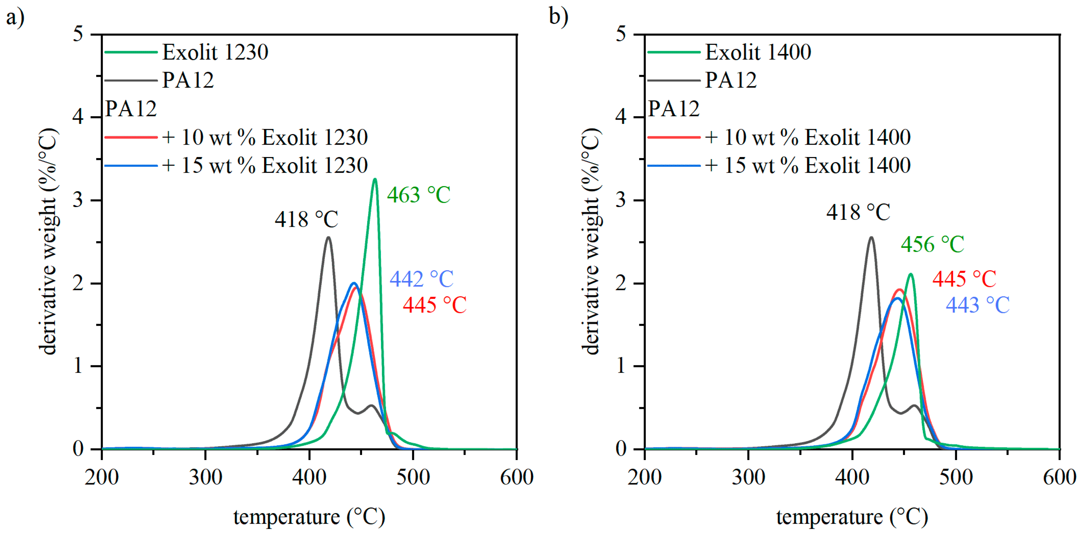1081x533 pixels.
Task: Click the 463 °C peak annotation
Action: coord(418,195)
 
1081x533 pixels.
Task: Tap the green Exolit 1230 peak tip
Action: coord(375,180)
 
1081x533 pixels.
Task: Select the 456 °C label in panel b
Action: coord(932,244)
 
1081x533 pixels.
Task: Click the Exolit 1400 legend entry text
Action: coord(758,52)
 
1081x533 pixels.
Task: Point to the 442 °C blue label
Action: coord(421,279)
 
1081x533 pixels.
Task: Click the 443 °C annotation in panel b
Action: coord(977,305)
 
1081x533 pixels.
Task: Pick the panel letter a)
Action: coord(15,18)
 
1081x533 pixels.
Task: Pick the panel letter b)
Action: coord(559,18)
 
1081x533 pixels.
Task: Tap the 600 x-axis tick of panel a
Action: coord(517,477)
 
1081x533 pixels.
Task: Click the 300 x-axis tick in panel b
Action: coord(748,477)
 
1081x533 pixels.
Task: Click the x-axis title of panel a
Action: coord(309,517)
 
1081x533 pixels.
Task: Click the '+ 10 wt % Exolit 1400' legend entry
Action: coord(808,138)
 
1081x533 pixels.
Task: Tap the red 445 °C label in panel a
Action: coord(435,305)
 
